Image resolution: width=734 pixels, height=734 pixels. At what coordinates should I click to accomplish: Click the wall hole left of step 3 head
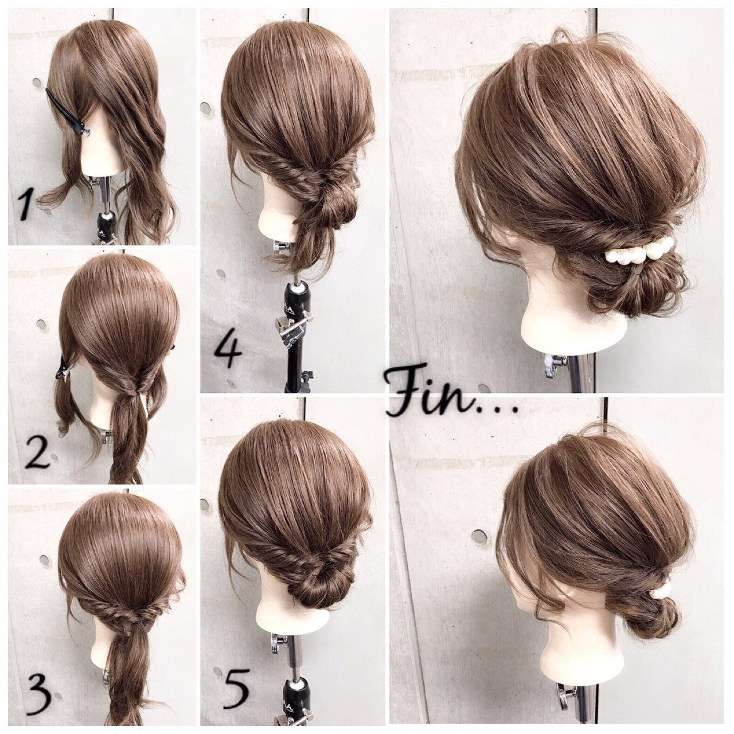tap(45, 560)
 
